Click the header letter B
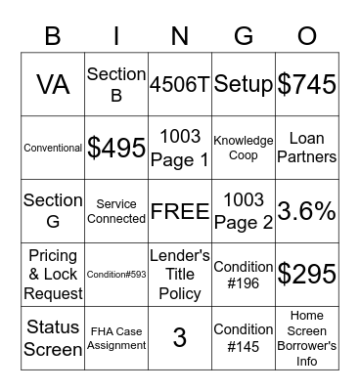pyautogui.click(x=53, y=36)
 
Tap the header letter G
pyautogui.click(x=244, y=36)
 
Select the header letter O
pyautogui.click(x=306, y=36)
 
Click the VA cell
pyautogui.click(x=53, y=84)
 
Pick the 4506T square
pyautogui.click(x=180, y=84)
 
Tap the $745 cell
pyautogui.click(x=307, y=84)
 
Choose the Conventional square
pyautogui.click(x=53, y=148)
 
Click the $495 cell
pyautogui.click(x=116, y=148)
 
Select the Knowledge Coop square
pyautogui.click(x=244, y=148)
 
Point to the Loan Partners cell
pyautogui.click(x=307, y=148)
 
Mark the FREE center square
pyautogui.click(x=180, y=211)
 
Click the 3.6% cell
pyautogui.click(x=307, y=211)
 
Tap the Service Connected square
pyautogui.click(x=116, y=211)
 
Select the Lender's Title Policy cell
pyautogui.click(x=180, y=275)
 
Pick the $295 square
pyautogui.click(x=307, y=275)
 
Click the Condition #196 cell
pyautogui.click(x=244, y=275)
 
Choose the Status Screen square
pyautogui.click(x=53, y=338)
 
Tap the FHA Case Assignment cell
pyautogui.click(x=116, y=338)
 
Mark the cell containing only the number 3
pyautogui.click(x=180, y=338)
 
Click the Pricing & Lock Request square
pyautogui.click(x=53, y=275)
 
